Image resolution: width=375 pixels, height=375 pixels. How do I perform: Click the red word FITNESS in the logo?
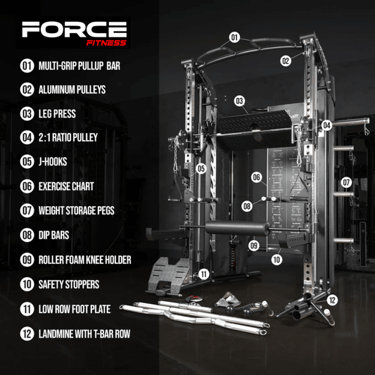pos(106,43)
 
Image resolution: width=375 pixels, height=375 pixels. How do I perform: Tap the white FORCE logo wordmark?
pos(74,30)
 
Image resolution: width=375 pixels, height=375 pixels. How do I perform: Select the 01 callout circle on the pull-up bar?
pos(234,37)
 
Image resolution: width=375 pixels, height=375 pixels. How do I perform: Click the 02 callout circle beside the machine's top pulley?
pos(286,61)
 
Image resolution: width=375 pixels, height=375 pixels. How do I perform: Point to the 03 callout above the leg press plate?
pos(239,101)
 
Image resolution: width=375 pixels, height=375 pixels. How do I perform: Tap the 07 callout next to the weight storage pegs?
pos(346,182)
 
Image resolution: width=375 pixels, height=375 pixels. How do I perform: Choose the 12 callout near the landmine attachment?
pos(332,300)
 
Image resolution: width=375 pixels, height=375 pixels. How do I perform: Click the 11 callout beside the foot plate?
pos(204,274)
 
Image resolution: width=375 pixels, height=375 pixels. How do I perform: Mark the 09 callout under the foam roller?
pos(254,246)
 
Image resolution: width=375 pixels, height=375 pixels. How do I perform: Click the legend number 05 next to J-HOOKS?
pos(27,162)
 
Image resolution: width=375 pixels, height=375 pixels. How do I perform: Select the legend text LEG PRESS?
pos(57,113)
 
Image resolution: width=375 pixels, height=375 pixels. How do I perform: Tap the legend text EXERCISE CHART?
pos(66,186)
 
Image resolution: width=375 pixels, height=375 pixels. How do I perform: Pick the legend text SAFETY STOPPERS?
pos(69,284)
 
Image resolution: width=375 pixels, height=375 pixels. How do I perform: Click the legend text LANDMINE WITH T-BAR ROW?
pos(84,334)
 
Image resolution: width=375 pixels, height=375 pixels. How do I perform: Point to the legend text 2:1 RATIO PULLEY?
pos(68,137)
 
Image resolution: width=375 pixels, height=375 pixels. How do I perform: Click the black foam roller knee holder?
pos(238,228)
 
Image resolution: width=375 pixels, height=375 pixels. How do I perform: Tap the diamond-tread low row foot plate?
pos(169,274)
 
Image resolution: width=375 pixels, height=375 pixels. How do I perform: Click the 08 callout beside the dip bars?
pos(247,206)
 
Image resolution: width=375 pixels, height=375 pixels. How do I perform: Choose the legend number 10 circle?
pos(27,284)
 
